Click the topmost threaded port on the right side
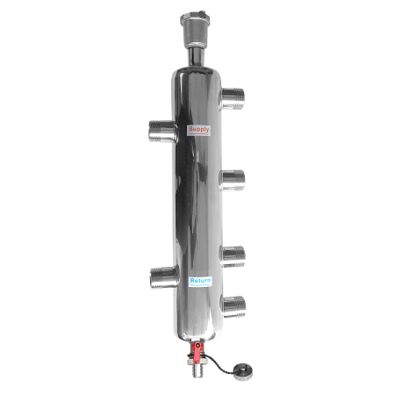pyautogui.click(x=234, y=95)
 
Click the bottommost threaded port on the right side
pyautogui.click(x=234, y=305)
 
